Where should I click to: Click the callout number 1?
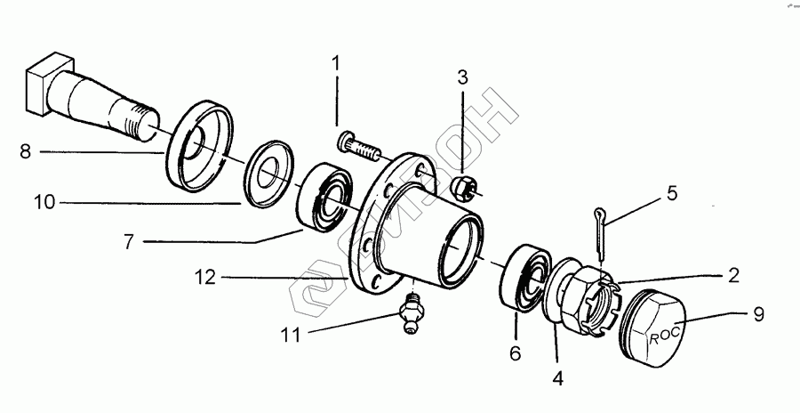point(337,63)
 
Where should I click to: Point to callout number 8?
point(25,151)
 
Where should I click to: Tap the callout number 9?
point(758,313)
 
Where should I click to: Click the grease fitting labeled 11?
point(410,315)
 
